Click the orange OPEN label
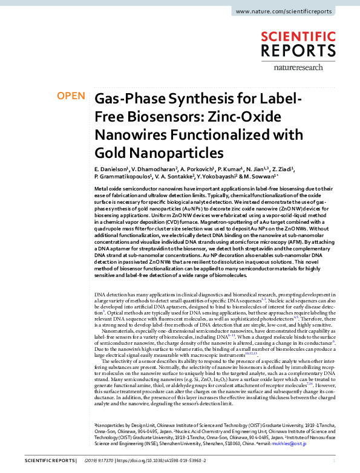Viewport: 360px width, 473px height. click(71, 96)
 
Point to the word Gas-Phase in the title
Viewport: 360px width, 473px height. click(125, 99)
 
